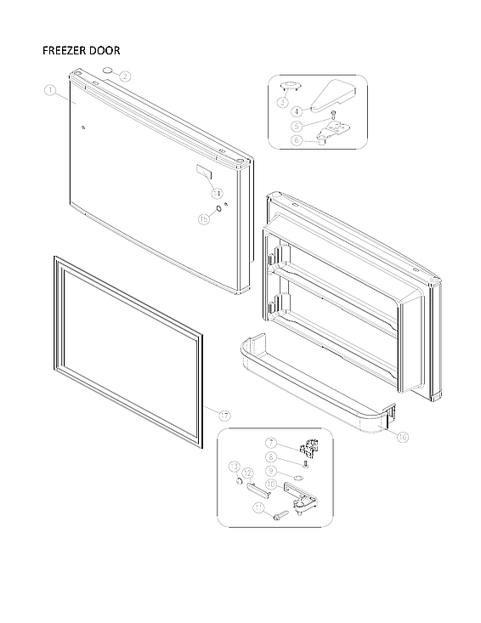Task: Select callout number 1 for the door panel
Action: click(x=50, y=88)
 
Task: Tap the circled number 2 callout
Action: click(x=125, y=76)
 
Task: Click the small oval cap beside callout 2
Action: click(x=108, y=69)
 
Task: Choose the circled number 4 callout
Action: click(x=297, y=110)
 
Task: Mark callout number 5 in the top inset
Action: click(x=297, y=126)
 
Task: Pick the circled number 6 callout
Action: click(x=297, y=140)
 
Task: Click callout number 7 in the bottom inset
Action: click(x=272, y=443)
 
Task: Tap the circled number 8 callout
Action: click(x=272, y=456)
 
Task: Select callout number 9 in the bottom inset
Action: click(x=272, y=471)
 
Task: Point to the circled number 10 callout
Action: click(x=272, y=485)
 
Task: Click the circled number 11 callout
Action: click(x=257, y=507)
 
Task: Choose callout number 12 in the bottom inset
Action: click(x=247, y=472)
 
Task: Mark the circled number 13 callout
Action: click(x=234, y=467)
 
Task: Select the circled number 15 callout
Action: click(x=203, y=218)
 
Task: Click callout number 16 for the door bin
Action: click(x=402, y=437)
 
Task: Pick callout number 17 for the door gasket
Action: click(x=224, y=415)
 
